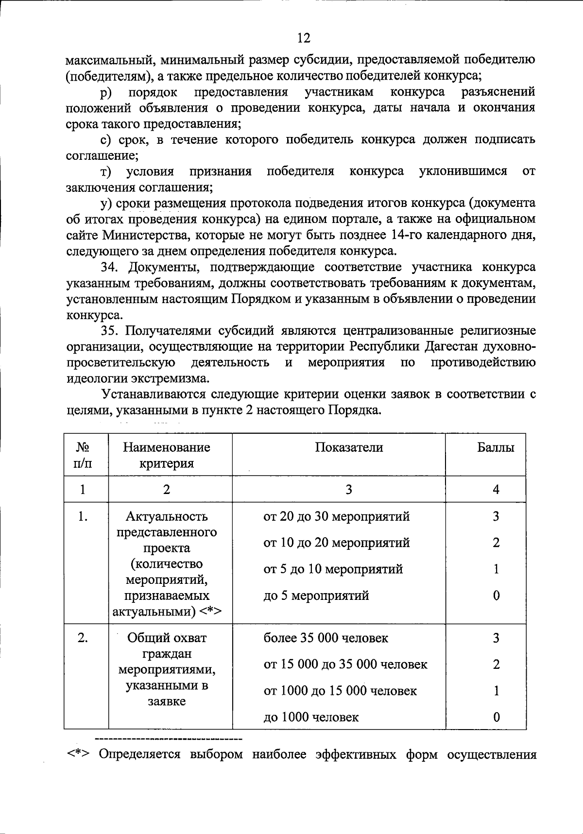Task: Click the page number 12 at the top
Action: coord(303,38)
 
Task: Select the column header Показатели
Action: coord(348,447)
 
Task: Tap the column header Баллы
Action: coord(496,447)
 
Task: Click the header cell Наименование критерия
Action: coord(167,455)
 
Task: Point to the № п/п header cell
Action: coord(83,455)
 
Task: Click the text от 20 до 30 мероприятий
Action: coord(336,516)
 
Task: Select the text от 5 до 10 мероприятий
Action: coord(333,569)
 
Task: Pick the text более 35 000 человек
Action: coord(326,638)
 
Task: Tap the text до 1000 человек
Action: coord(311,717)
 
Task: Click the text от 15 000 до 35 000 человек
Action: coord(345,664)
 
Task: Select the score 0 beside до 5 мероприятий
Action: coord(496,596)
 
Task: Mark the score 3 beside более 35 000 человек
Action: coord(496,638)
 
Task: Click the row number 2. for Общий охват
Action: coord(83,638)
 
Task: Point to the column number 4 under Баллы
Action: coord(496,490)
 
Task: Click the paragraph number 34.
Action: coord(109,267)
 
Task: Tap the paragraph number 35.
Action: coord(109,331)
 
